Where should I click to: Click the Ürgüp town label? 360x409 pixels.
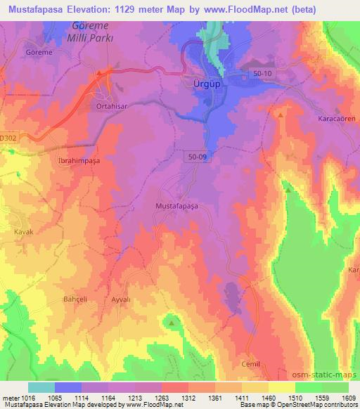click(x=207, y=83)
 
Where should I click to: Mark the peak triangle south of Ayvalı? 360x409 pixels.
click(x=171, y=323)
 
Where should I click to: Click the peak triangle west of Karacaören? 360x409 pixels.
click(x=281, y=113)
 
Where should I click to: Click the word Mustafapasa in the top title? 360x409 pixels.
click(x=39, y=9)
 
